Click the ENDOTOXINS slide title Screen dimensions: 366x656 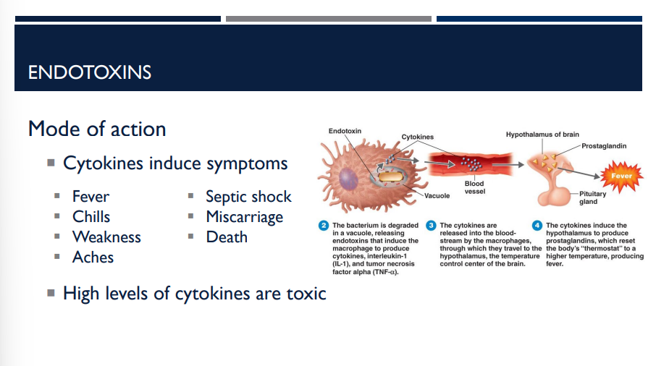click(x=90, y=72)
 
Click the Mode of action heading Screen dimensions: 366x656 click(x=97, y=129)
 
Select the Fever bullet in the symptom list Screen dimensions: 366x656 click(x=91, y=196)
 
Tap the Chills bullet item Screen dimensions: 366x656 click(x=91, y=216)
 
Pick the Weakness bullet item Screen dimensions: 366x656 click(x=106, y=237)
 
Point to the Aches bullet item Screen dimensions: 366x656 click(x=93, y=257)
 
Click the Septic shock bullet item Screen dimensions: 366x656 click(x=248, y=196)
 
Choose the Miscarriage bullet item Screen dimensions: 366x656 click(x=244, y=216)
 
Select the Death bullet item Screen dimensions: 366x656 click(x=227, y=237)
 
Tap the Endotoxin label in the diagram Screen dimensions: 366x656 click(x=345, y=131)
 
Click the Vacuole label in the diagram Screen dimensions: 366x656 click(x=437, y=195)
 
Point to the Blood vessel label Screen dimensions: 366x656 click(x=474, y=188)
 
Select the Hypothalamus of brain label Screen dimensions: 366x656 click(x=542, y=135)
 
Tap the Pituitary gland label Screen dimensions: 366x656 click(x=588, y=197)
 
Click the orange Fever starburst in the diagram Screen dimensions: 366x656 click(x=621, y=175)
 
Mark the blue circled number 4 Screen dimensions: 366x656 click(x=537, y=226)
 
